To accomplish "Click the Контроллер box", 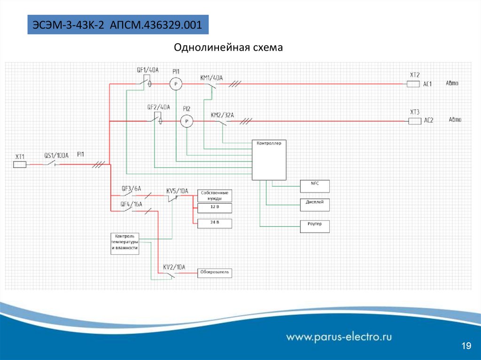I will pyautogui.click(x=269, y=160).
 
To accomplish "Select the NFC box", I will pyautogui.click(x=315, y=186).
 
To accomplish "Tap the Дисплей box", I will pyautogui.click(x=315, y=205).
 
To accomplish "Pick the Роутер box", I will pyautogui.click(x=315, y=226).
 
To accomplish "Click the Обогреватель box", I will pyautogui.click(x=215, y=273).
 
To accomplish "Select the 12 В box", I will pyautogui.click(x=215, y=207).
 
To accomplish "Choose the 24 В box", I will pyautogui.click(x=215, y=223).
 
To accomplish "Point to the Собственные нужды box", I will pyautogui.click(x=215, y=195).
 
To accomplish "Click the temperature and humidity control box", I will pyautogui.click(x=125, y=243).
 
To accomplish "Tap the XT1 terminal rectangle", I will pyautogui.click(x=19, y=164).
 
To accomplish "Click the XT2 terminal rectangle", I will pyautogui.click(x=413, y=84).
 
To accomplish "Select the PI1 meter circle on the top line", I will pyautogui.click(x=175, y=84).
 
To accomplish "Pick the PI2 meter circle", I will pyautogui.click(x=187, y=122).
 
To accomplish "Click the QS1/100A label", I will pyautogui.click(x=56, y=155).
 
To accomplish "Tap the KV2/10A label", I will pyautogui.click(x=174, y=267).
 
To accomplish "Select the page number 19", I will pyautogui.click(x=466, y=346).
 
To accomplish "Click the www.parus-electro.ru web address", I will pyautogui.click(x=339, y=337).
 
